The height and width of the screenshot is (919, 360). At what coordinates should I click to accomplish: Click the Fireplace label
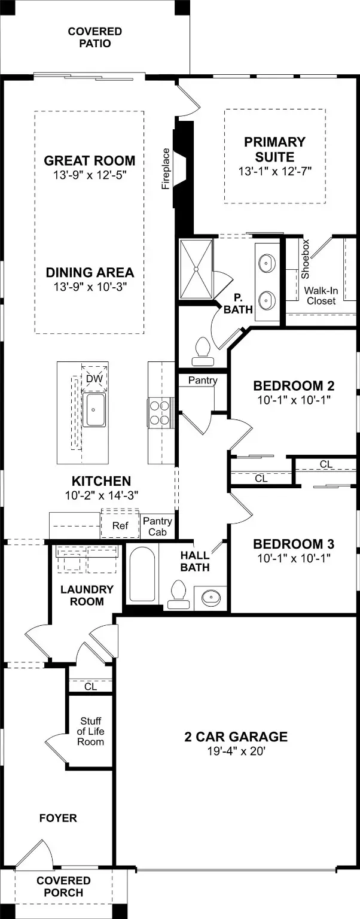166,169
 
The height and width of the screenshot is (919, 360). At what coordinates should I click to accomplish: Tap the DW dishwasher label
94,378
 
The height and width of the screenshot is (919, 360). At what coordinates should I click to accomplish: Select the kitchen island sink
94,409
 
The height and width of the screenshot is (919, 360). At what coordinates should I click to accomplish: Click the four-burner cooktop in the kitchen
159,412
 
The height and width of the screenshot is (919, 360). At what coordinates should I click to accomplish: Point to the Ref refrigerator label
120,525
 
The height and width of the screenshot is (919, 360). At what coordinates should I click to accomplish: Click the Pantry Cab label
157,527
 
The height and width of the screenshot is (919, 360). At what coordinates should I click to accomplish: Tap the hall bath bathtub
142,574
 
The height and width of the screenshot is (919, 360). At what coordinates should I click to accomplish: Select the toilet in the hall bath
178,594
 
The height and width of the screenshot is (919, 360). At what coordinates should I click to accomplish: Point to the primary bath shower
196,269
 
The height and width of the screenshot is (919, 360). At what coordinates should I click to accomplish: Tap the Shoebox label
305,259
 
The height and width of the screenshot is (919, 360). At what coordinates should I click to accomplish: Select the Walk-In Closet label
322,296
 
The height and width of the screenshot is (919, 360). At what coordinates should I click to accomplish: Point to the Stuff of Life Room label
91,731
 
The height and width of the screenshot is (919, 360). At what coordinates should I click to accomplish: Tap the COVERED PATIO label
94,37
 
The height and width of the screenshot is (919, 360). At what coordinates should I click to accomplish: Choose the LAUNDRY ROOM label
87,595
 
